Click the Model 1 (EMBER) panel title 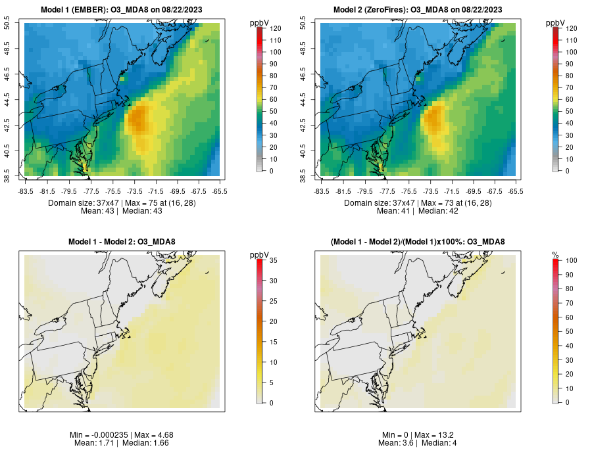click(x=122, y=9)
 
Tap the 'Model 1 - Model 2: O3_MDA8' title click(x=122, y=242)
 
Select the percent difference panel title click(x=418, y=242)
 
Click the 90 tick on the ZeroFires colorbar click(x=569, y=64)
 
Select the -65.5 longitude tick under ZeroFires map click(x=516, y=191)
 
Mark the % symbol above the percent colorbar click(x=555, y=254)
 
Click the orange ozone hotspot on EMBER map click(x=139, y=120)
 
